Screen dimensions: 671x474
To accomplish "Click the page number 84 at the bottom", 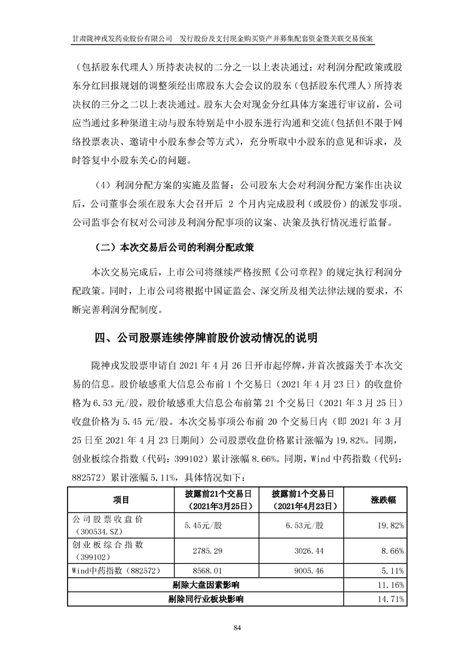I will [237, 627].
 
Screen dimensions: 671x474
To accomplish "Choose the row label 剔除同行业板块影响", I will [206, 597].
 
